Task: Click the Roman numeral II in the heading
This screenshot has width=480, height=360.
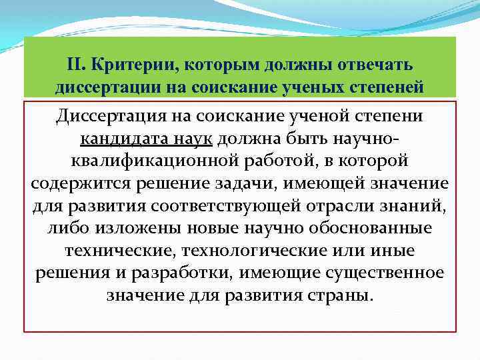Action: tap(75, 65)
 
